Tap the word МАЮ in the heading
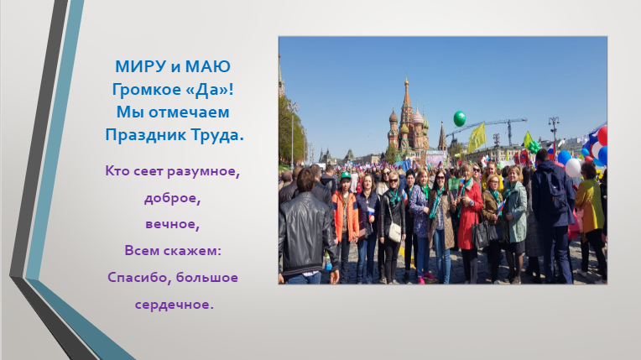(x=208, y=66)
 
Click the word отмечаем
(x=189, y=112)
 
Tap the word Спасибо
(x=138, y=278)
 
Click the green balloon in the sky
(x=460, y=118)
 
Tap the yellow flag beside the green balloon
(x=477, y=138)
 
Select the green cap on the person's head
(x=346, y=175)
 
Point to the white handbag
(x=394, y=232)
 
